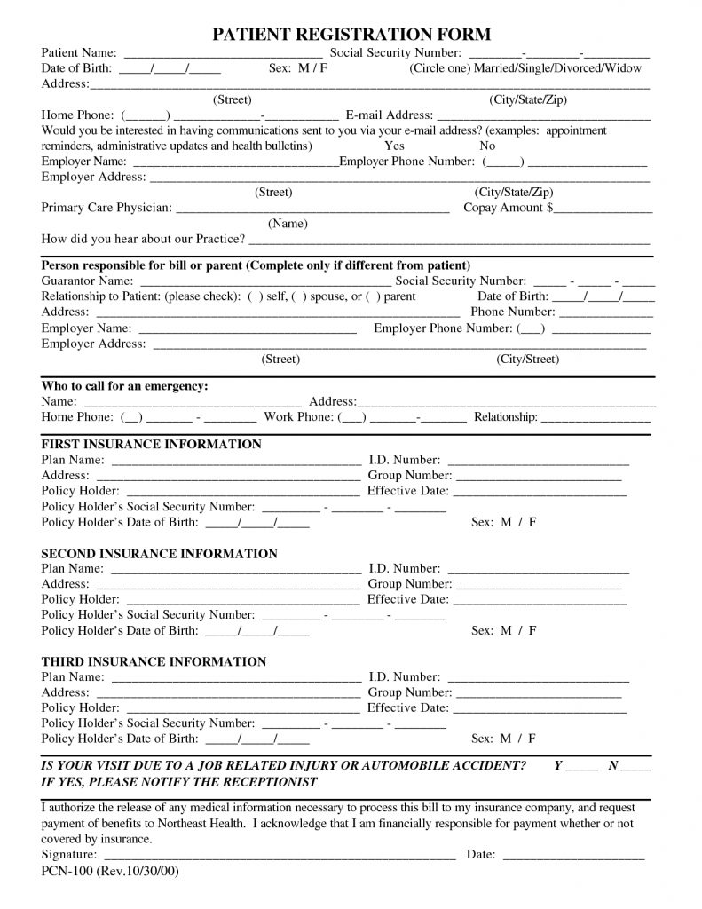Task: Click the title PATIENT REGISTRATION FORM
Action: point(351,35)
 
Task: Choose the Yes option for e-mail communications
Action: point(394,146)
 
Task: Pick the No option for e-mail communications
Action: point(487,146)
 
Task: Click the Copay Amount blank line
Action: point(603,209)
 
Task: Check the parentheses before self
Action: point(256,296)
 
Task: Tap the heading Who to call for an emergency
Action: point(125,386)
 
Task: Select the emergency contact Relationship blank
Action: point(596,418)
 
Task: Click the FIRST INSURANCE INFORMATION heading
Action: point(152,444)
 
